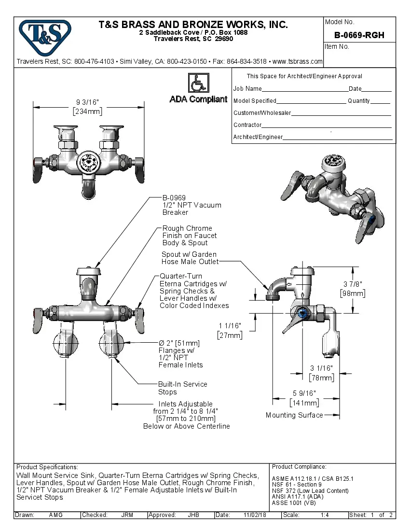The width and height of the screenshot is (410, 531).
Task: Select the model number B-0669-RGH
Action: (359, 35)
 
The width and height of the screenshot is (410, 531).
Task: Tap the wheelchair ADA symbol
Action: (198, 83)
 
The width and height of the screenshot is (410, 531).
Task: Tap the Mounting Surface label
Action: (294, 415)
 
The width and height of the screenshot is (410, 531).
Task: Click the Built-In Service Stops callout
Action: (182, 388)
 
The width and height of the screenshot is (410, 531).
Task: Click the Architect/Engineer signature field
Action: (338, 138)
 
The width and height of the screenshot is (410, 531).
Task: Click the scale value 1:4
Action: (325, 515)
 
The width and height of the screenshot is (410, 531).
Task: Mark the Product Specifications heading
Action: (47, 467)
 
